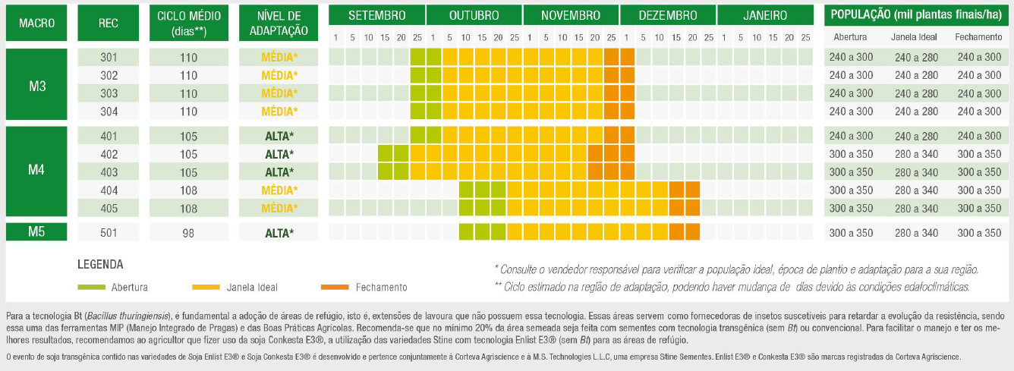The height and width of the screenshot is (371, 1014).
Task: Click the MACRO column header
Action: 36,24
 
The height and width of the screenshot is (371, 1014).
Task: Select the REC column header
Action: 109,24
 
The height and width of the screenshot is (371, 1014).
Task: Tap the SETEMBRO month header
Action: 376,15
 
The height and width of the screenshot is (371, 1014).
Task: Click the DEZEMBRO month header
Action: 668,15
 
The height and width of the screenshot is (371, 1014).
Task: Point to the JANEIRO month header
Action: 765,15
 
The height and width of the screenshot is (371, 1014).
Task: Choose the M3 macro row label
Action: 36,85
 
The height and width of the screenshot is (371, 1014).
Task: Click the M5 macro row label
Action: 36,232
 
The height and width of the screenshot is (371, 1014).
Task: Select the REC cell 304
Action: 109,112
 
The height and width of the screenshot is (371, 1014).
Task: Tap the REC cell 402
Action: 109,154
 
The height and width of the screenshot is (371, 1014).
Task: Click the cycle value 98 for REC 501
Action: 189,233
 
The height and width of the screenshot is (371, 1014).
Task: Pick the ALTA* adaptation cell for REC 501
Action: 279,233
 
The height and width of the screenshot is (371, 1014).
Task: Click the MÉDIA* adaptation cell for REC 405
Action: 279,208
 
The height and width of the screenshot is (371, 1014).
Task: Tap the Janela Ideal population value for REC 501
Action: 916,233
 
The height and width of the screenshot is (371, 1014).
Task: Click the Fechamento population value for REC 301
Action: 978,57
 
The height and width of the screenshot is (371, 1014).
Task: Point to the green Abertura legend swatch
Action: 93,288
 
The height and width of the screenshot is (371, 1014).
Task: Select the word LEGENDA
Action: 100,265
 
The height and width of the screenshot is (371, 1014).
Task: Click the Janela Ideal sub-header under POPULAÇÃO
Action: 916,36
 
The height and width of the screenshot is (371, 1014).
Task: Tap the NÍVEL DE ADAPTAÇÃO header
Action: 279,24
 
